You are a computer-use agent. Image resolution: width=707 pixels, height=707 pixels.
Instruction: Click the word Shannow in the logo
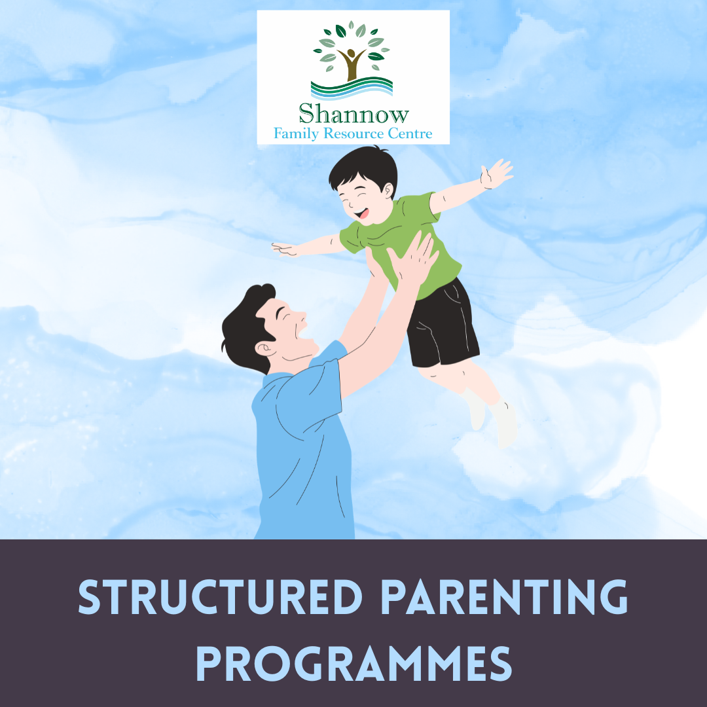[x=353, y=114]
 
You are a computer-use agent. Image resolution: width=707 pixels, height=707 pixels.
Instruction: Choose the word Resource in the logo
[x=359, y=134]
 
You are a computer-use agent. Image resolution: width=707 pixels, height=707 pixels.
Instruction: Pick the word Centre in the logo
[x=413, y=134]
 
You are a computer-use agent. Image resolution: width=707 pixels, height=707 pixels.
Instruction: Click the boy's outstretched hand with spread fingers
[x=496, y=173]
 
